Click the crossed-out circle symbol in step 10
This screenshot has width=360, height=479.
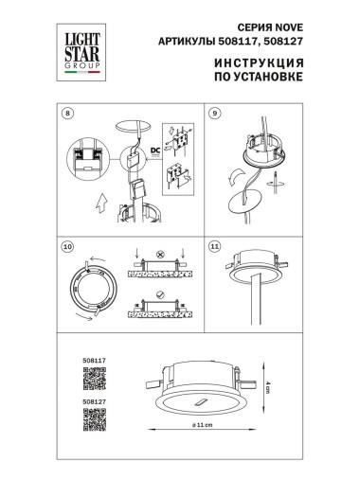coord(157,254)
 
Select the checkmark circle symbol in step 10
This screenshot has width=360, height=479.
coord(157,293)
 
